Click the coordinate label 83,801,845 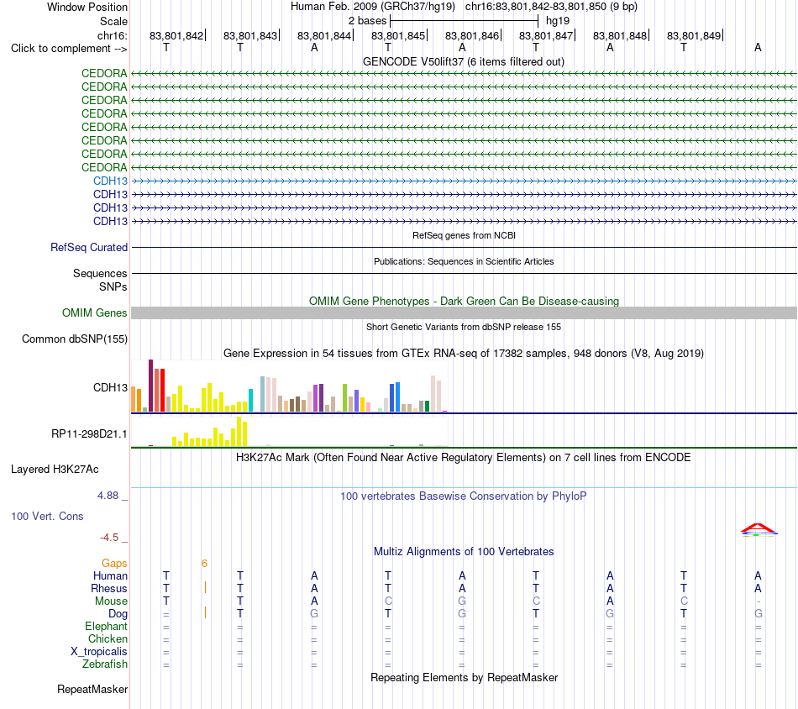(398, 35)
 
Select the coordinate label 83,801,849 (694, 35)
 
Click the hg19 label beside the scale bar (558, 21)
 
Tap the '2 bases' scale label (367, 21)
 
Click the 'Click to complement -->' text (69, 49)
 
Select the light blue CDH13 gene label (110, 181)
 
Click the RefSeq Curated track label (89, 247)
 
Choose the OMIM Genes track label (95, 313)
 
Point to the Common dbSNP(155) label (75, 339)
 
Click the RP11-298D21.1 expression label (90, 434)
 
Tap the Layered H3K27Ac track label (55, 470)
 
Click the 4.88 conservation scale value (108, 496)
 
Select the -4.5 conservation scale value (109, 538)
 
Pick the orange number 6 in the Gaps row (205, 564)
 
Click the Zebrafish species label (105, 664)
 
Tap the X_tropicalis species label (99, 652)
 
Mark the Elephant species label (107, 627)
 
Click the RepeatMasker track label (92, 690)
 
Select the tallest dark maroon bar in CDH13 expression (150, 386)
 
